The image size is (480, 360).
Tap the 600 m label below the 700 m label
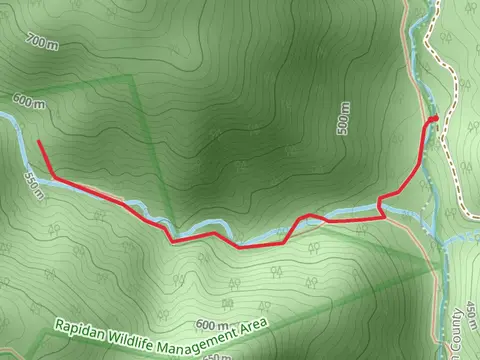[29, 101]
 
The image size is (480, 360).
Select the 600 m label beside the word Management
[212, 325]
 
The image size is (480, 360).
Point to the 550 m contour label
[34, 184]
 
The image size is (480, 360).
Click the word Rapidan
[81, 327]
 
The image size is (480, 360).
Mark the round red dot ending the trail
[434, 120]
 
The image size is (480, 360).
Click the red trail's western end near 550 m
[39, 143]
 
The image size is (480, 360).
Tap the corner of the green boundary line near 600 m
[131, 78]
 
